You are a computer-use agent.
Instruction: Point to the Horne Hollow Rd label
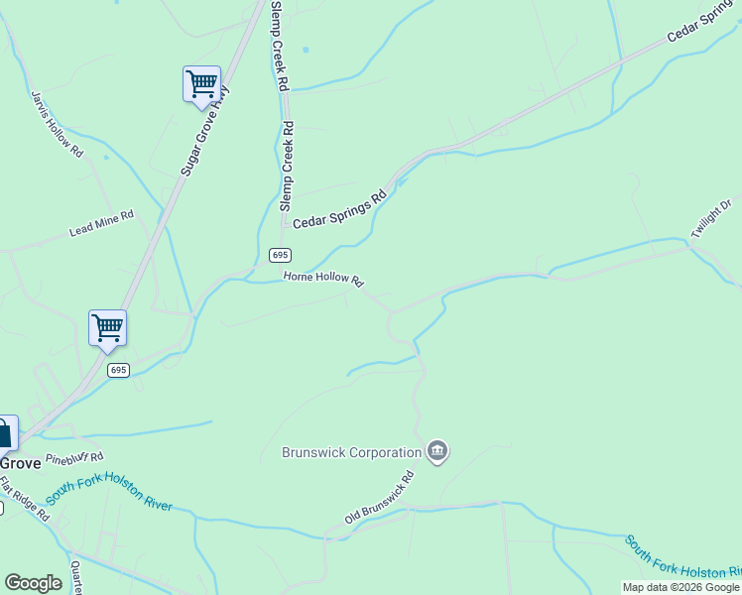[x=323, y=278]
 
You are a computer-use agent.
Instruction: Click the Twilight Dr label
[x=711, y=219]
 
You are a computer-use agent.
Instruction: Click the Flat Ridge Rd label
[x=24, y=499]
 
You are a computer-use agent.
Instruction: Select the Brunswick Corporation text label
[x=351, y=453]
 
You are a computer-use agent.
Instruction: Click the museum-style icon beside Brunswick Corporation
[x=436, y=452]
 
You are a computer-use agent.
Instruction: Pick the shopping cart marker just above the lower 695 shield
[x=107, y=327]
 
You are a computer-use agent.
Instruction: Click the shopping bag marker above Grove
[x=4, y=433]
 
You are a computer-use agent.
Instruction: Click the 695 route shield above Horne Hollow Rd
[x=280, y=255]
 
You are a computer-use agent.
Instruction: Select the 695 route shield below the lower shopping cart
[x=118, y=370]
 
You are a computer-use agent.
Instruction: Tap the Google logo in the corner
[x=33, y=583]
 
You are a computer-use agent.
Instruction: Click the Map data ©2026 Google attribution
[x=681, y=587]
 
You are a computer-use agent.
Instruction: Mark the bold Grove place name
[x=19, y=463]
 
